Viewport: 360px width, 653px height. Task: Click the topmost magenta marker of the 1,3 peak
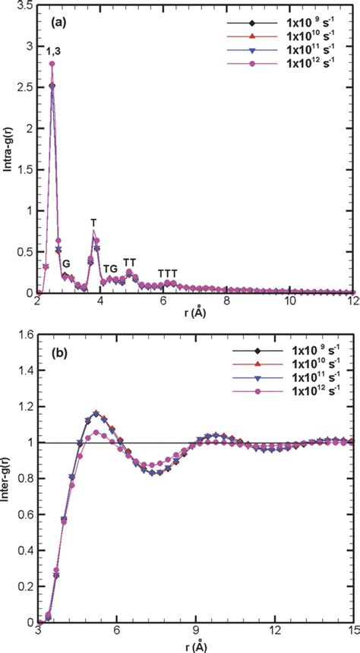click(52, 64)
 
